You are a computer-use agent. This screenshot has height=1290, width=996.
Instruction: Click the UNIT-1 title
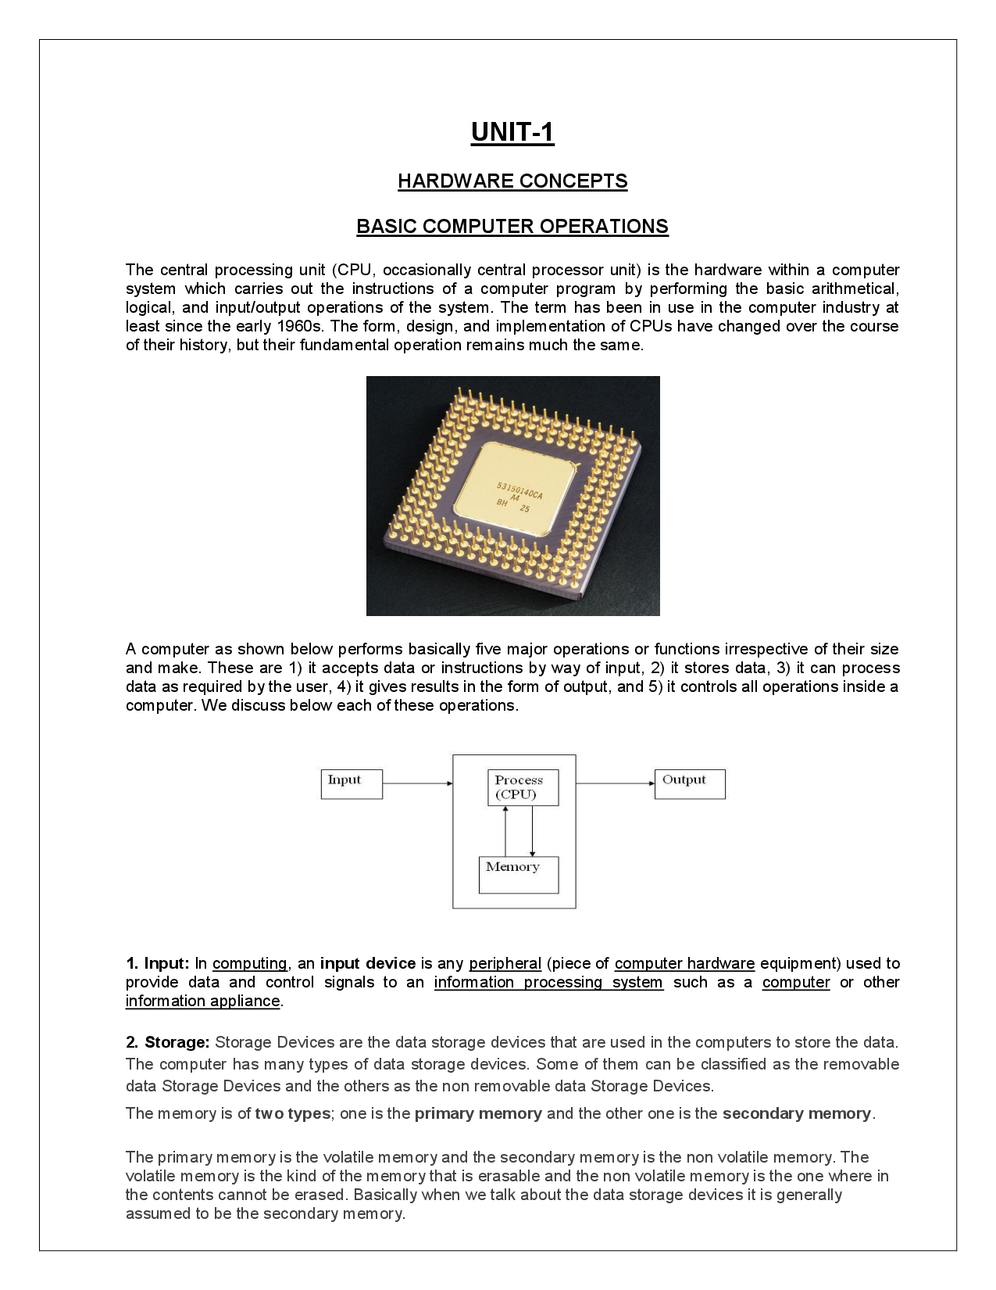[512, 132]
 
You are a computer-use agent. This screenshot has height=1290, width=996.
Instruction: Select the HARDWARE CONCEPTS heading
[512, 181]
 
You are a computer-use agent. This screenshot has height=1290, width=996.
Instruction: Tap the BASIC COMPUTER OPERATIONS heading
[512, 226]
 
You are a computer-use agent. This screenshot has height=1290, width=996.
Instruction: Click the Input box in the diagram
[352, 784]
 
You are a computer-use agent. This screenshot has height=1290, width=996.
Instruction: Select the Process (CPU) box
[523, 788]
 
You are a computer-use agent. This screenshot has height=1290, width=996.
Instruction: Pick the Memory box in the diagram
[518, 875]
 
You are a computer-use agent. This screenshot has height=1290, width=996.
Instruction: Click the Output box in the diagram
[690, 784]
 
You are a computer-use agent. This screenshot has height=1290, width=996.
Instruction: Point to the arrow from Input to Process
[417, 783]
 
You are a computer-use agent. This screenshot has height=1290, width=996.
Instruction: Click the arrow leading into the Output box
[615, 783]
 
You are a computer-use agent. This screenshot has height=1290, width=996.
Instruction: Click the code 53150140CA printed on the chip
[519, 493]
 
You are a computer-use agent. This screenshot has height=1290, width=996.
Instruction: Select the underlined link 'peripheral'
[505, 963]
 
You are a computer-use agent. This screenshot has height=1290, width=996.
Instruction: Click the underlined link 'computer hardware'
[684, 963]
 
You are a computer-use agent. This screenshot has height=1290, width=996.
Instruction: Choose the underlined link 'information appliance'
[202, 1001]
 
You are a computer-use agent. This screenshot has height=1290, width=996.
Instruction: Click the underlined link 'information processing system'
[548, 982]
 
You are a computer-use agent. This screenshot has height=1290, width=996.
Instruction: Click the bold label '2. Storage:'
[167, 1042]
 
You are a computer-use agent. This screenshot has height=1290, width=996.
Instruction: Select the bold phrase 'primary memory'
[478, 1113]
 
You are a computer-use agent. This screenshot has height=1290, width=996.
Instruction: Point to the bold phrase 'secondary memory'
[796, 1113]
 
